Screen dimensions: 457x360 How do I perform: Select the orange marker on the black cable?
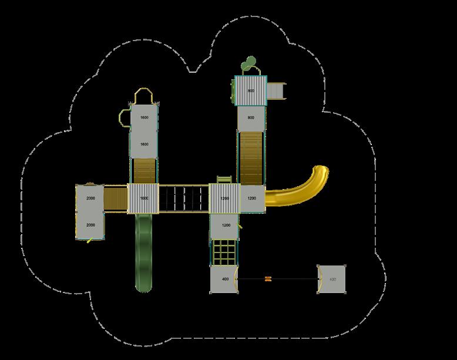268,279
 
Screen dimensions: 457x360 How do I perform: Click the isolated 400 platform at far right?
333,279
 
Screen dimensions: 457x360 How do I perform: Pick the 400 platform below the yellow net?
225,279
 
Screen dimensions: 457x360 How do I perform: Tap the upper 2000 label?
90,198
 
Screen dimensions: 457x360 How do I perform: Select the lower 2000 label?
90,225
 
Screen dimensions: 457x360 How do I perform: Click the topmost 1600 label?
145,118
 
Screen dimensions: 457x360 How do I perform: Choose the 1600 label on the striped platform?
145,198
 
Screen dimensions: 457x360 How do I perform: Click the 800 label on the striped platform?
251,91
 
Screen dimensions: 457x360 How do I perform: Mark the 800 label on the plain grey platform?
251,118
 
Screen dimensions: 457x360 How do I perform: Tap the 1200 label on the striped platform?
225,198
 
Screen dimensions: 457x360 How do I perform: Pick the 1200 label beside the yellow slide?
251,198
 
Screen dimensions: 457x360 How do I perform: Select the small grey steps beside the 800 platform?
275,91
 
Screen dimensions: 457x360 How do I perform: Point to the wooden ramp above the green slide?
145,171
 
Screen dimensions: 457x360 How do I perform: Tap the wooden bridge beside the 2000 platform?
116,198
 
